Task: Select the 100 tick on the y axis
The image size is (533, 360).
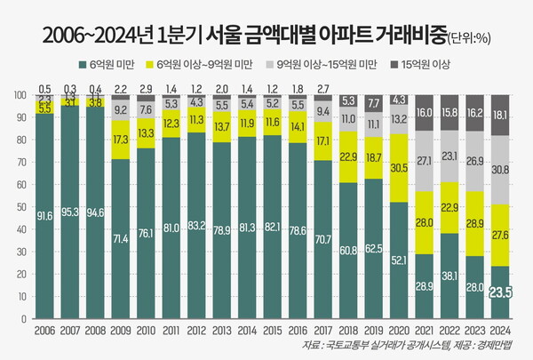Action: click(16, 94)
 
